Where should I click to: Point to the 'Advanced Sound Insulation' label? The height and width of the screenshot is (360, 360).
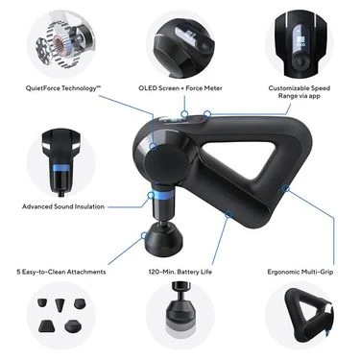point(63,205)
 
